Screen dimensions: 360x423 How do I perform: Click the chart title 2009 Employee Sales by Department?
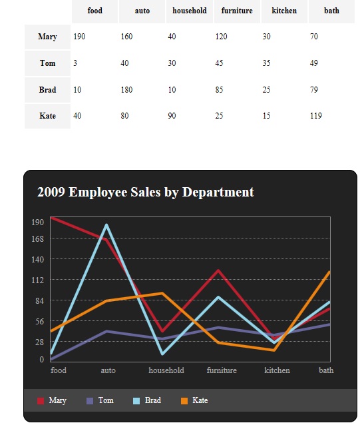coord(146,192)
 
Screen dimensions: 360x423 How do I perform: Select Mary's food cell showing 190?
coord(79,37)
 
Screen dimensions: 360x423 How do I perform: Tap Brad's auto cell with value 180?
coord(126,89)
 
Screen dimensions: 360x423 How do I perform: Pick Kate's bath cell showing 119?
coord(316,116)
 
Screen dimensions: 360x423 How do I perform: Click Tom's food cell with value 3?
coord(75,63)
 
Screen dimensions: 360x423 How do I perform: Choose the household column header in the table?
coord(190,11)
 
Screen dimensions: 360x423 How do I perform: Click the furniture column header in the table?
coord(237,11)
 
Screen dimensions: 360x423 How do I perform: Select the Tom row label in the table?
coord(47,63)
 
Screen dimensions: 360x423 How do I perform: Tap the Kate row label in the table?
coord(47,116)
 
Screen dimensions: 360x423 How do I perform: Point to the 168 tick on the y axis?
coord(37,238)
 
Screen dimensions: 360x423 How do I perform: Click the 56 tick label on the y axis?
coord(39,321)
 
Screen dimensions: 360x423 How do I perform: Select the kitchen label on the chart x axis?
coord(277,370)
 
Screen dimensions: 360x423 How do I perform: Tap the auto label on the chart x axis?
coord(108,370)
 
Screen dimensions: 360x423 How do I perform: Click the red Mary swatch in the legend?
coord(41,400)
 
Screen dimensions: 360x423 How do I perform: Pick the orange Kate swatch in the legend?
coord(184,400)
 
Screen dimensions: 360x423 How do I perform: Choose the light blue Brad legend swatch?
coord(136,400)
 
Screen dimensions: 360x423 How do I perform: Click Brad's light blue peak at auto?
coord(106,224)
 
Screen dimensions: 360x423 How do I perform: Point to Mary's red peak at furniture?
coord(218,270)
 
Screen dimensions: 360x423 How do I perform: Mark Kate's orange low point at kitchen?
coord(274,350)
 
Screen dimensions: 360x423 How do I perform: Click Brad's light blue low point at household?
coord(162,354)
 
